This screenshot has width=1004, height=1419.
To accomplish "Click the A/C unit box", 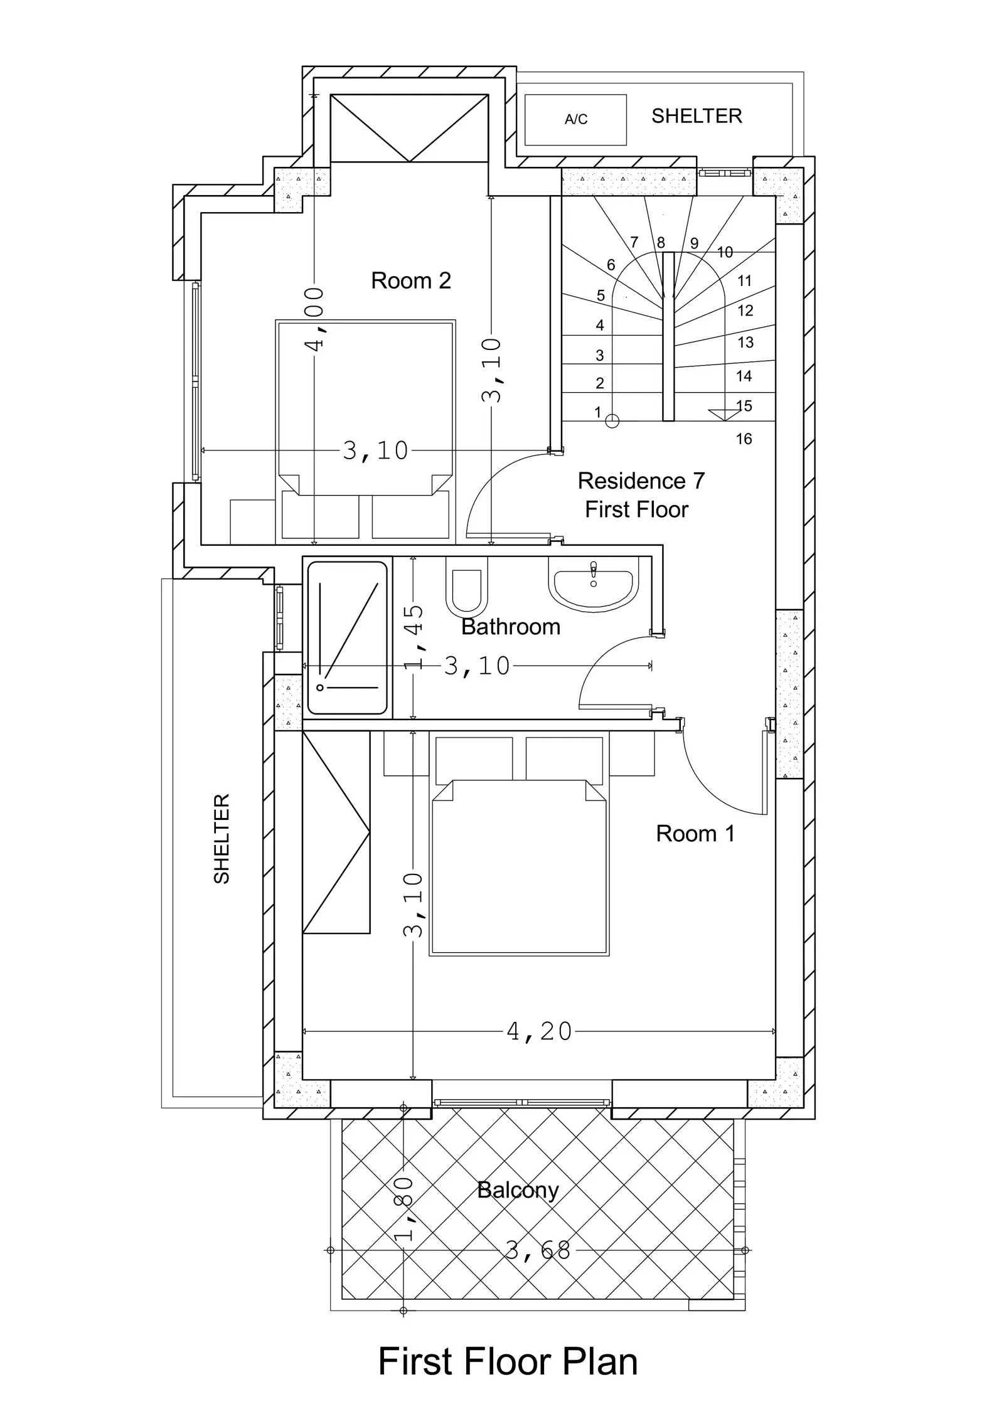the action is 575,120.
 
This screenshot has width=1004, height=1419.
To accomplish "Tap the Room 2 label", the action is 411,280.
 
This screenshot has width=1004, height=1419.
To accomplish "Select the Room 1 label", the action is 695,834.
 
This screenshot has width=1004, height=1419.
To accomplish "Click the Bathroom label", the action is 511,627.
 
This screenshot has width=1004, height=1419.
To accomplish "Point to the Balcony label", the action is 518,1190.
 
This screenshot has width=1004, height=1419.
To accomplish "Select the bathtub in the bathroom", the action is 347,638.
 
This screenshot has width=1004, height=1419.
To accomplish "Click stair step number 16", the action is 744,439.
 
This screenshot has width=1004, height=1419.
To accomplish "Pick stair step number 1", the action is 597,412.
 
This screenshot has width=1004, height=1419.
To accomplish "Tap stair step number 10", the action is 725,252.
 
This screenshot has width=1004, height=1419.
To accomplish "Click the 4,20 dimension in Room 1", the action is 539,1031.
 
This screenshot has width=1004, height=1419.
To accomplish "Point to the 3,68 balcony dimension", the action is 538,1251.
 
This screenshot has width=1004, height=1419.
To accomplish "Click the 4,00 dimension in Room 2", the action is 314,320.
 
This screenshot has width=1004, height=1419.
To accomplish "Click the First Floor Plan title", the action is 508,1362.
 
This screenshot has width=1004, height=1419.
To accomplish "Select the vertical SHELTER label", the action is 222,839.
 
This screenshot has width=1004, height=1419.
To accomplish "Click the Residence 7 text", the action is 641,481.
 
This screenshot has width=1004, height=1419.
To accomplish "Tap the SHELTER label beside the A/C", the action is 697,116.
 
